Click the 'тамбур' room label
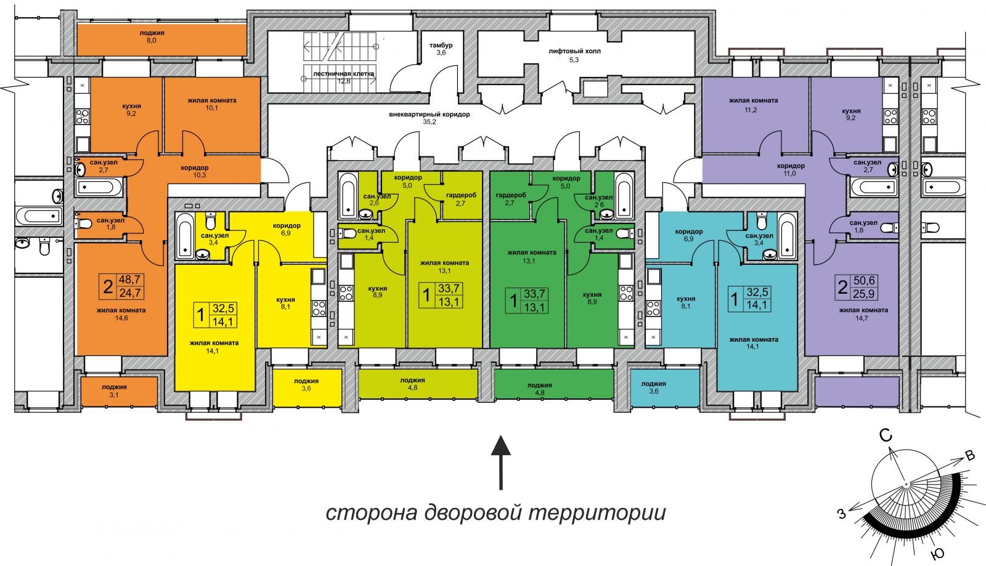(441, 46)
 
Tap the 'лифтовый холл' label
(574, 51)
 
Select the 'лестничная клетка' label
(343, 73)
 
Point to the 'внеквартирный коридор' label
(429, 115)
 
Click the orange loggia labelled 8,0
(161, 39)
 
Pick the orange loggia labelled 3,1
(120, 391)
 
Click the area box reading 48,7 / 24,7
(121, 286)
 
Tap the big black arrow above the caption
(500, 462)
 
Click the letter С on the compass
(886, 435)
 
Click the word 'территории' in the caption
(597, 513)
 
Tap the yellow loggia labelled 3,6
(307, 388)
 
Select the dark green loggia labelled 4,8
(554, 384)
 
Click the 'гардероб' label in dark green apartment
(511, 195)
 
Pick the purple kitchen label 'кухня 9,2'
(851, 115)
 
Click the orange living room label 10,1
(212, 104)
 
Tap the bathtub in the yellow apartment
(185, 236)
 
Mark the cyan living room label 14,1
(754, 343)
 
